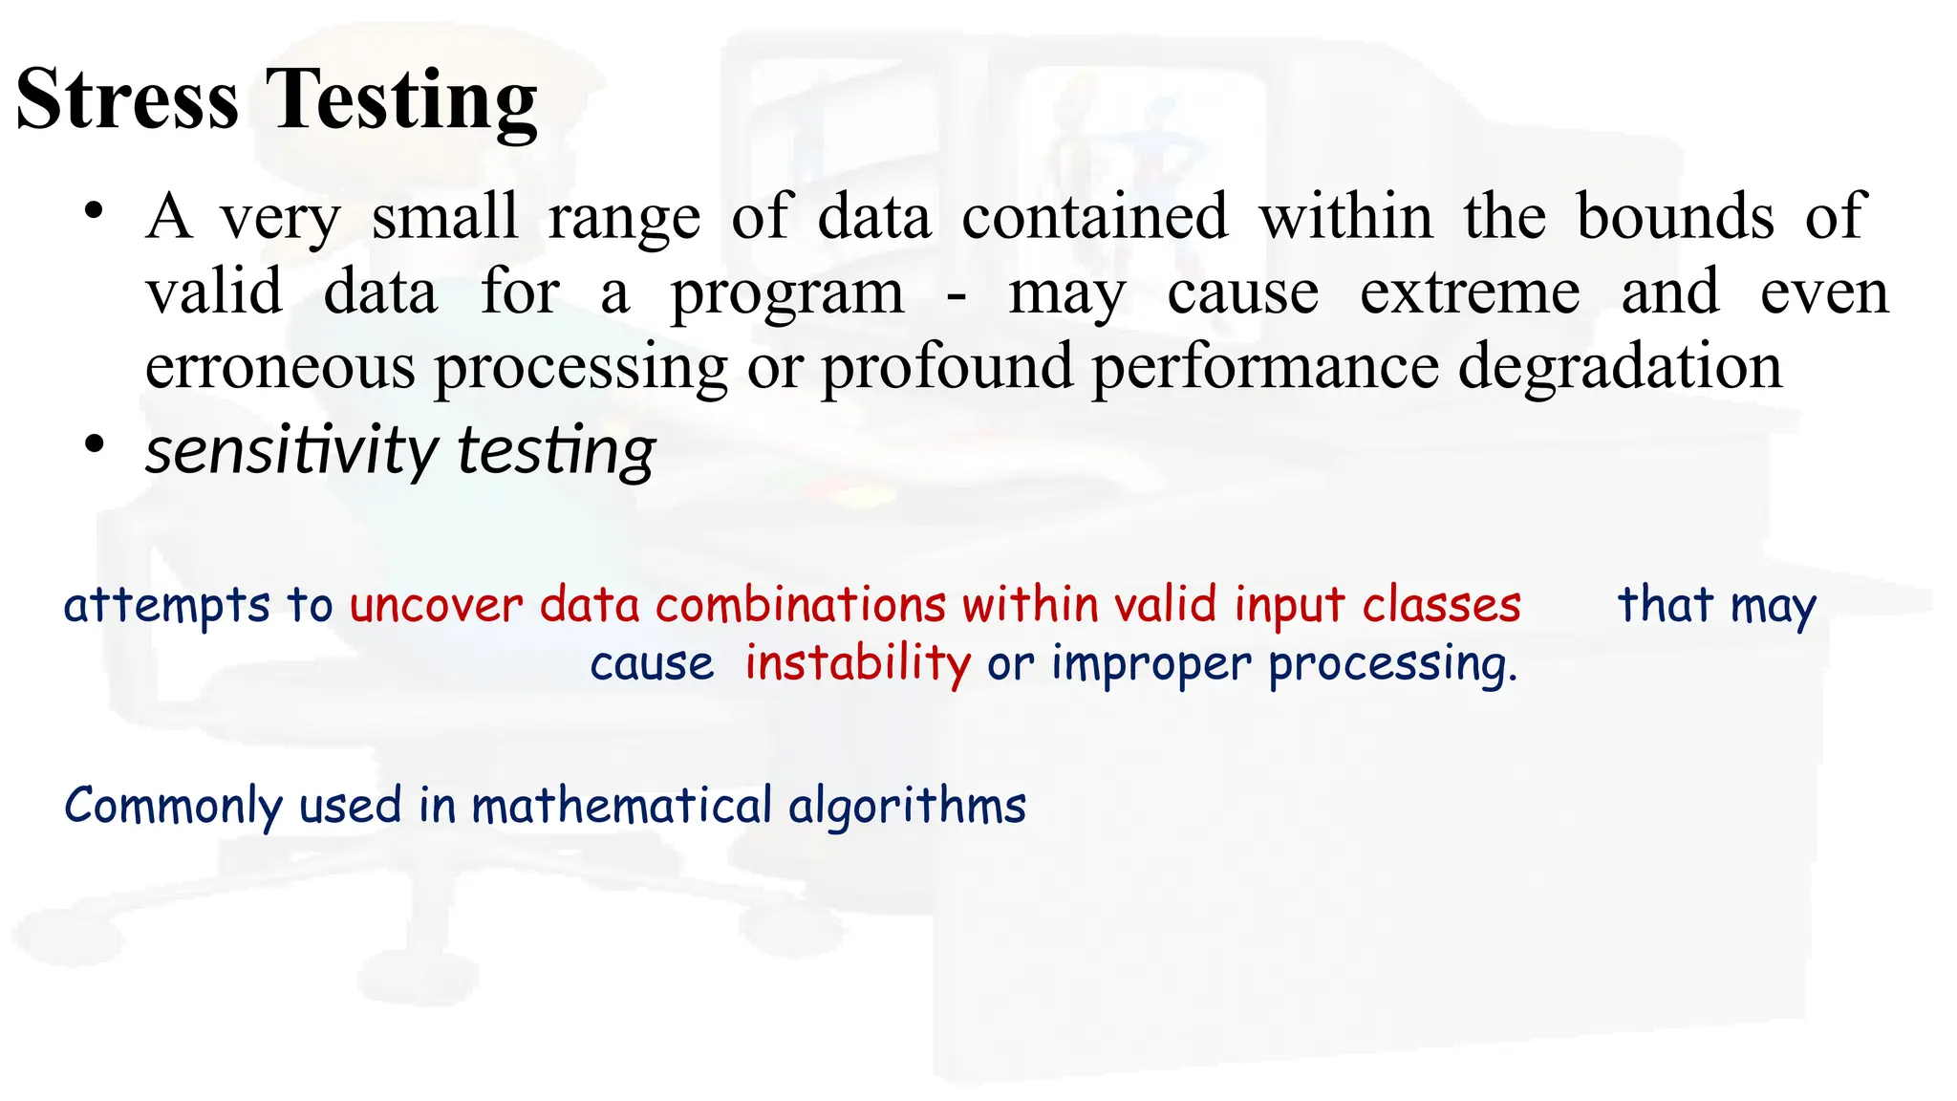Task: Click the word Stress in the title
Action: pyautogui.click(x=127, y=99)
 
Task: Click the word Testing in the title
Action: pyautogui.click(x=401, y=101)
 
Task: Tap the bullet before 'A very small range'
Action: pyautogui.click(x=93, y=211)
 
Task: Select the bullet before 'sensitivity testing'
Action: pyautogui.click(x=93, y=444)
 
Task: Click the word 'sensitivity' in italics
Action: pyautogui.click(x=290, y=450)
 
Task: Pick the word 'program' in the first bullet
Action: pyautogui.click(x=786, y=294)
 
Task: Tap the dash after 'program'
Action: pyautogui.click(x=956, y=294)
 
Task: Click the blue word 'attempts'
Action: pyautogui.click(x=167, y=606)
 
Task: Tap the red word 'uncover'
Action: pyautogui.click(x=436, y=606)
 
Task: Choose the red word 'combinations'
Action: pyautogui.click(x=801, y=606)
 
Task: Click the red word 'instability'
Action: pyautogui.click(x=857, y=663)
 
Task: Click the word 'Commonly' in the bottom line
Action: pyautogui.click(x=173, y=806)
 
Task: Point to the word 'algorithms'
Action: pyautogui.click(x=907, y=806)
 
